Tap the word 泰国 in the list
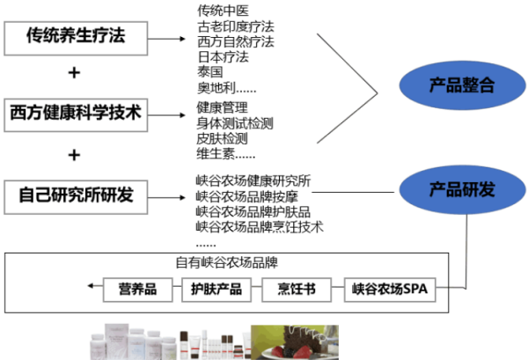(x=210, y=71)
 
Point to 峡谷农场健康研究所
(x=253, y=180)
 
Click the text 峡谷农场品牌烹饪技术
(x=260, y=227)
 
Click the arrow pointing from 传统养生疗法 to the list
(x=167, y=39)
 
